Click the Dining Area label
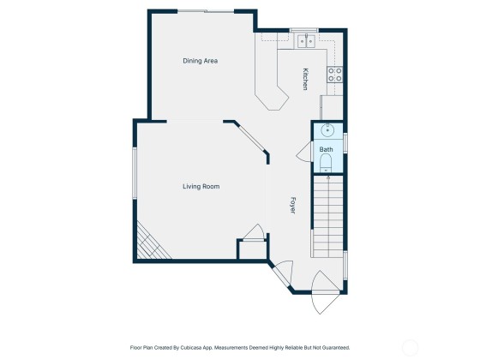pos(201,61)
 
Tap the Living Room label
pos(201,187)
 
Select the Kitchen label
pos(305,79)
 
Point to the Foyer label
pos(292,205)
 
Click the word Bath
pos(326,149)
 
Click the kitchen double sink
pos(307,41)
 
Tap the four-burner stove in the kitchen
pos(334,75)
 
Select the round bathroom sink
pos(327,130)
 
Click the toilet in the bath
pos(326,163)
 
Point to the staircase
pos(327,216)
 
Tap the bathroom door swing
pos(304,151)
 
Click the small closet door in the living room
pos(254,232)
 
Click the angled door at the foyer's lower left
pos(282,273)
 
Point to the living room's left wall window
pos(134,173)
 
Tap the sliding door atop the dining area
pos(206,11)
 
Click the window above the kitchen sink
pos(304,30)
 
